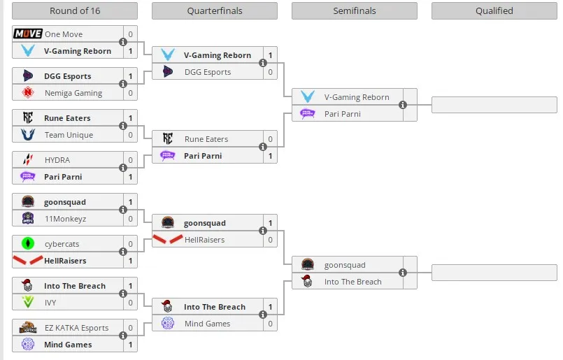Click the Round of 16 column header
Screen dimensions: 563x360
(x=75, y=10)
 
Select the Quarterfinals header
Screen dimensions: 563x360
(x=215, y=10)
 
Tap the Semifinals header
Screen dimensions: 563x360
(x=355, y=10)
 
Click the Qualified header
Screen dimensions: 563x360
(x=494, y=10)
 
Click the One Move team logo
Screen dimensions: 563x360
(x=28, y=34)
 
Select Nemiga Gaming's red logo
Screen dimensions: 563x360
(x=28, y=92)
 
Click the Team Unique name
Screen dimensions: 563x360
(x=69, y=135)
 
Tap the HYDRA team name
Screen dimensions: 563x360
(x=57, y=160)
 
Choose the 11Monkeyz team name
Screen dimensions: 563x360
(x=65, y=219)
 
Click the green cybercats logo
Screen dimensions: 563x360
(x=28, y=243)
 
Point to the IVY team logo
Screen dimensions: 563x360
(x=28, y=302)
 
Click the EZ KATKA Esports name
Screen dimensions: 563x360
(x=76, y=328)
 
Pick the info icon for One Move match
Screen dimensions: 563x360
(x=123, y=42)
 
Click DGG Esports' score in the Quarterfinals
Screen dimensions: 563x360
(x=270, y=72)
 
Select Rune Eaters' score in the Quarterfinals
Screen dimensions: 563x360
(x=270, y=139)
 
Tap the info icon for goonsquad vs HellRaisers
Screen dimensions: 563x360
(x=263, y=231)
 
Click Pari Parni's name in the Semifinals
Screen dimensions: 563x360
(x=342, y=114)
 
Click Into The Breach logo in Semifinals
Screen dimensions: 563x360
(x=307, y=282)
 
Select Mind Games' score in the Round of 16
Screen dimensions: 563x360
(x=130, y=345)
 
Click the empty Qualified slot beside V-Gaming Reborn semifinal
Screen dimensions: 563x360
(x=494, y=105)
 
